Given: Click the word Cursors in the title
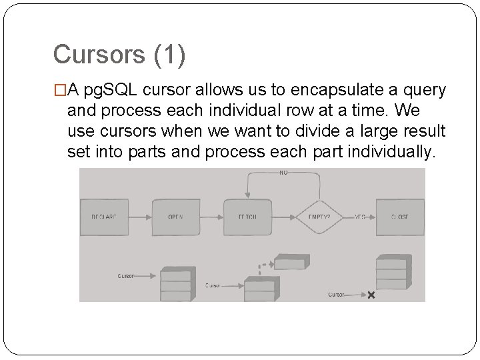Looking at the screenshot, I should coord(97,55).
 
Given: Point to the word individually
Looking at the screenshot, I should coord(395,152).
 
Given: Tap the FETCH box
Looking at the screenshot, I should coord(247,217).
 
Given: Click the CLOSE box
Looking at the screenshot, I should coord(399,217).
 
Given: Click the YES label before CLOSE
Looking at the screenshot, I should coord(360,216).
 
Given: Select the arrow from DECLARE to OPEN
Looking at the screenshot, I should coord(141,217).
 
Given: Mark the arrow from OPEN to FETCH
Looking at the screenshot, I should coord(212,217).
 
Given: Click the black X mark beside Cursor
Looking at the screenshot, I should coord(371,295).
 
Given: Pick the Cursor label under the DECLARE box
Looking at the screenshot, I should coord(126,275).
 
